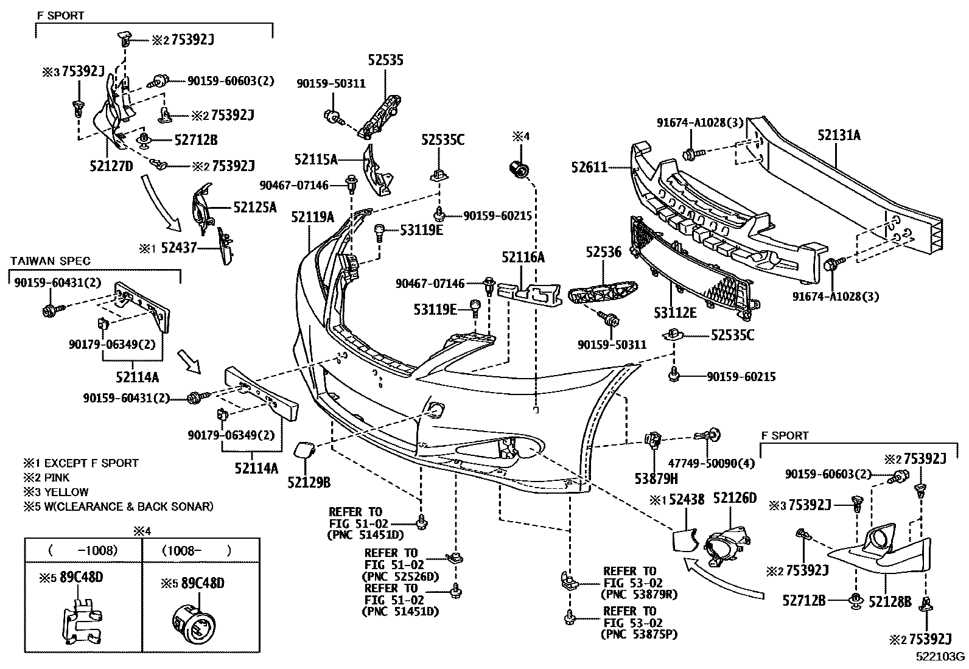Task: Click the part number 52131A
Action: point(839,136)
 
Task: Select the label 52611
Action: point(589,166)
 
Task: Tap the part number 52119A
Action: point(312,217)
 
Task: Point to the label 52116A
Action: point(523,257)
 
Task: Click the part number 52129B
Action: point(309,483)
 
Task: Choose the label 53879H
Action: point(656,479)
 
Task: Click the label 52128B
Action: point(890,601)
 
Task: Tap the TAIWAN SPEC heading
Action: point(51,261)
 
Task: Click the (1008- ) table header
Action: point(197,551)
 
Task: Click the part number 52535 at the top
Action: point(385,60)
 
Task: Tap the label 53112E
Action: point(675,312)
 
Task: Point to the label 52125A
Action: point(255,207)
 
